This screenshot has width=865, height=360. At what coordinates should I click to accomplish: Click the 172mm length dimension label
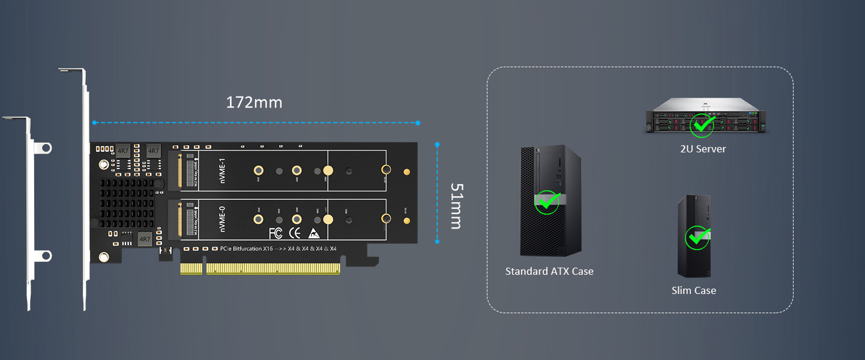(254, 103)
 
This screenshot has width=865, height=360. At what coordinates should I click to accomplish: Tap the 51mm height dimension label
(456, 206)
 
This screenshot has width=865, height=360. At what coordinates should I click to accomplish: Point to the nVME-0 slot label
(222, 219)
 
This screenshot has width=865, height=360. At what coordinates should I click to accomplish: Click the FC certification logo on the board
(276, 233)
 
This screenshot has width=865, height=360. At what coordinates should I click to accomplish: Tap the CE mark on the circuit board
(295, 233)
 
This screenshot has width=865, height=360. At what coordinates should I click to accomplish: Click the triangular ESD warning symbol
(313, 233)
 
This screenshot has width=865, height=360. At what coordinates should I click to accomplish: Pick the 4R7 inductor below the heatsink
(145, 239)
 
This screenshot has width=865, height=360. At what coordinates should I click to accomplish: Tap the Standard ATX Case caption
(549, 271)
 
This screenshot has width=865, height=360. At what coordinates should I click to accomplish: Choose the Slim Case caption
(693, 290)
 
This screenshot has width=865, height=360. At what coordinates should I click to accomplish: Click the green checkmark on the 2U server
(701, 124)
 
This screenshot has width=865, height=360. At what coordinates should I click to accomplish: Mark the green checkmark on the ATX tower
(547, 202)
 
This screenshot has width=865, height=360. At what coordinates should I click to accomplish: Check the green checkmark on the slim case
(697, 238)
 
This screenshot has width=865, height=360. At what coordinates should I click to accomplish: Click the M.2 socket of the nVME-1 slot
(178, 171)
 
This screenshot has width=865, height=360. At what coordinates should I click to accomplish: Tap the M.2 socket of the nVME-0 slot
(178, 219)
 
